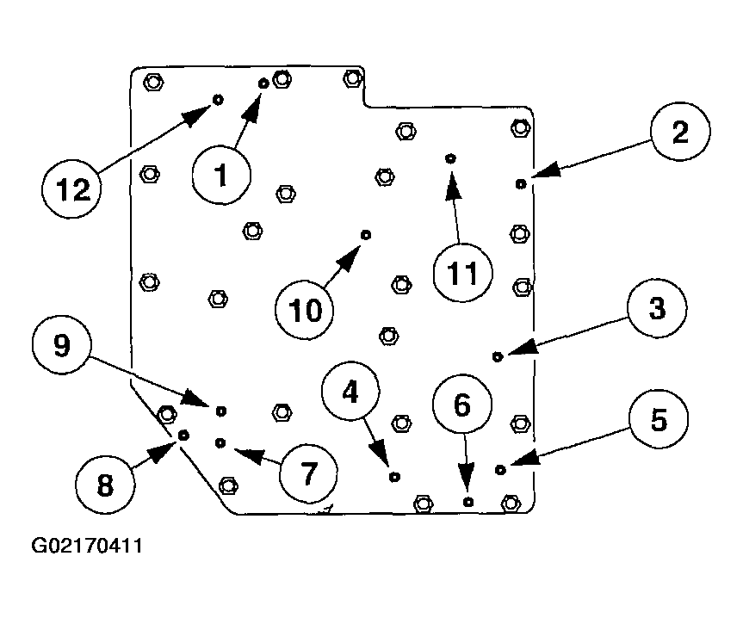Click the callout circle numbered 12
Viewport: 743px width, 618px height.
(72, 188)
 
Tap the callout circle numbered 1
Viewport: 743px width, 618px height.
(221, 176)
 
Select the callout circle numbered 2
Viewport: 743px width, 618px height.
(680, 133)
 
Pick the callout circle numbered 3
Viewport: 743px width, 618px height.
(657, 309)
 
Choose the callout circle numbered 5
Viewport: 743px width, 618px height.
(659, 420)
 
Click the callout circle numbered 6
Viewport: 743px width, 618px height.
(462, 405)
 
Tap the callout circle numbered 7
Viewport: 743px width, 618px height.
(308, 471)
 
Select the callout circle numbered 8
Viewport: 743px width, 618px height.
(104, 485)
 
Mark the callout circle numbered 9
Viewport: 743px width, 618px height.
(61, 346)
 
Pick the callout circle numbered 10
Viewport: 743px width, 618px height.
(304, 309)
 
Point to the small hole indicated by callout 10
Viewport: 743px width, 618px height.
(366, 235)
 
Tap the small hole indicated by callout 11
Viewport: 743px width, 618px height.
(449, 159)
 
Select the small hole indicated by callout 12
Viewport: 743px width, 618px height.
(218, 100)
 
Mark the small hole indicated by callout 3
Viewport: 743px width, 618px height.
(497, 355)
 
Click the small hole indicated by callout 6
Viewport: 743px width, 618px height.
(467, 501)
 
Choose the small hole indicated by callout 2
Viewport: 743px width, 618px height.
(520, 183)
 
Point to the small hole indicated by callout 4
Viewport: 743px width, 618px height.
(394, 476)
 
